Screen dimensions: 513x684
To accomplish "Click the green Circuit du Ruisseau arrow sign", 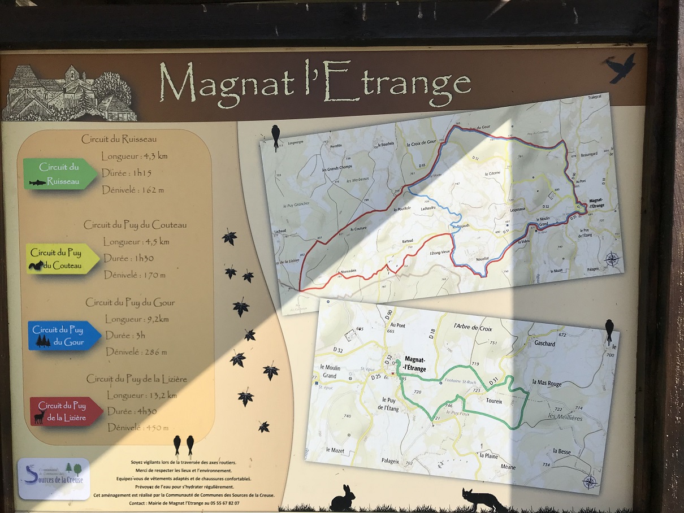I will pos(59,174).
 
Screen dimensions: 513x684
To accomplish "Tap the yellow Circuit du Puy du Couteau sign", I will pos(61,259).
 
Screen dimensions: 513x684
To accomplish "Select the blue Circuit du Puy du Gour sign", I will pos(63,336).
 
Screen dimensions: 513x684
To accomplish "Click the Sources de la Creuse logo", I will pos(54,478).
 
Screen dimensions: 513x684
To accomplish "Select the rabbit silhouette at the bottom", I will pos(342,498).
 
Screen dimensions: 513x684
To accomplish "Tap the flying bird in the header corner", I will pos(620,67).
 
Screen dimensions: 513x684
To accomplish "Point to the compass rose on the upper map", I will pos(612,260).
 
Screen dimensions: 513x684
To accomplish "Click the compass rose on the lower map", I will pos(589,482).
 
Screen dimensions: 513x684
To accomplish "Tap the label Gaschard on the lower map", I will pos(544,344).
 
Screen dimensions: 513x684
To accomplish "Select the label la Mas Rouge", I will pos(547,384).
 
